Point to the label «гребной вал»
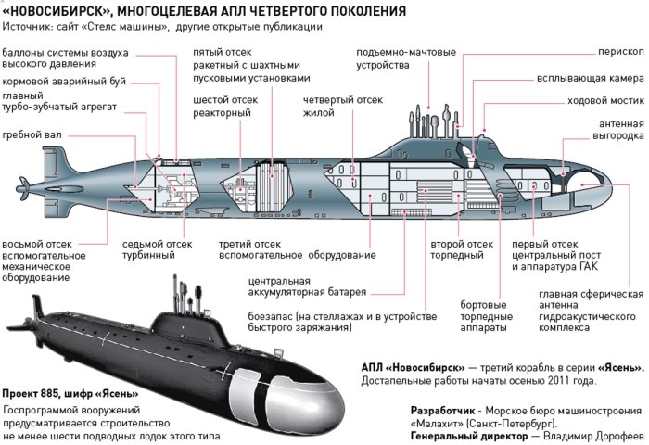pos(32,135)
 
